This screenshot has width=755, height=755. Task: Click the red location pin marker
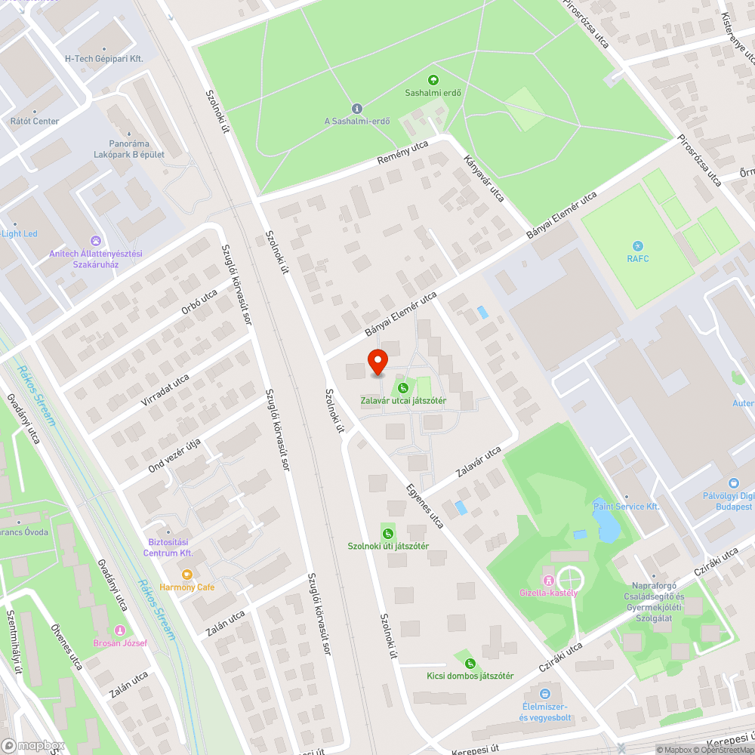point(377,361)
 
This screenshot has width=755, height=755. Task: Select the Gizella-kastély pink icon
point(548,580)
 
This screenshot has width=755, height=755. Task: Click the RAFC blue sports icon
point(638,246)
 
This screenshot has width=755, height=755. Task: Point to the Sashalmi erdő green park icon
point(433,79)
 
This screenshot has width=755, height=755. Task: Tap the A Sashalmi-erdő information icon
point(357,109)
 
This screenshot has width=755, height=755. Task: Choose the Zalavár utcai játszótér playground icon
point(402,388)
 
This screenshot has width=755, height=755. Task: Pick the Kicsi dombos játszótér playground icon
point(470,663)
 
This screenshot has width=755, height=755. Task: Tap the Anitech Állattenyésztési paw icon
point(95,241)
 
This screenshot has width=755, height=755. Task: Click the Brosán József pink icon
point(119,630)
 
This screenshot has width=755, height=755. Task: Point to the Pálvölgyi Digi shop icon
point(732,483)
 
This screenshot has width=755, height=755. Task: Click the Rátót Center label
point(35,121)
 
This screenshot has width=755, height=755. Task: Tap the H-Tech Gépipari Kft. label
point(104,58)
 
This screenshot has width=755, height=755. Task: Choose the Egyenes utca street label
point(424,506)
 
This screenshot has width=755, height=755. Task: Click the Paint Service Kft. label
point(627,507)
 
